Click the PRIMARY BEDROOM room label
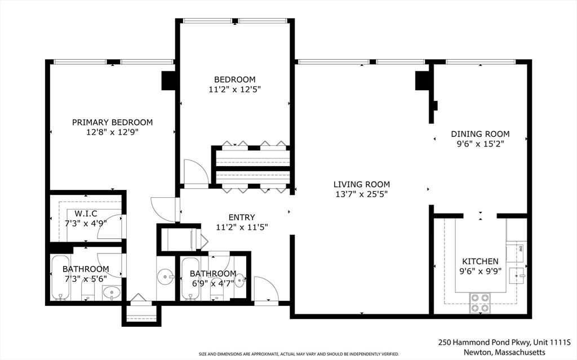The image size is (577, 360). [x=112, y=122]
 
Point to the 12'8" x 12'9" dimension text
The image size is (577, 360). [x=112, y=132]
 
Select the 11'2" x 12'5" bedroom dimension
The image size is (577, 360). [x=234, y=89]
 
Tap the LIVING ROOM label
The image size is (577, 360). [x=361, y=184]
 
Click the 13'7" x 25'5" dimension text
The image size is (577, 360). [x=361, y=194]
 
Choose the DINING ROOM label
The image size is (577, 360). [x=480, y=134]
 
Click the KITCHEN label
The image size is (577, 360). [x=480, y=261]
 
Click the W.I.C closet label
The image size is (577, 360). [x=86, y=214]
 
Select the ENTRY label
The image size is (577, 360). [x=242, y=217]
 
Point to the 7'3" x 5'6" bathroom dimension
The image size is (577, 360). [x=86, y=279]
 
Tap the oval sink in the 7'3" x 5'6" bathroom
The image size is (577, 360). [x=110, y=292]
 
